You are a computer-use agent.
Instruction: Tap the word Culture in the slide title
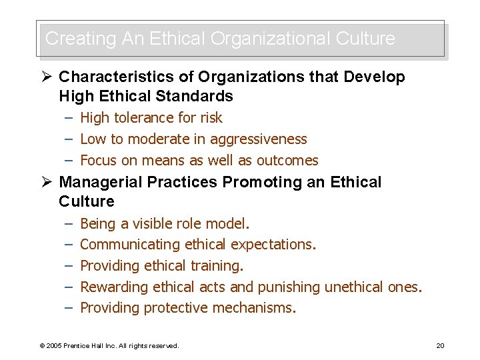[365, 39]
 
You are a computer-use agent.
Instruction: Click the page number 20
[440, 345]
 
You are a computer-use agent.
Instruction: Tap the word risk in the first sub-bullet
[211, 118]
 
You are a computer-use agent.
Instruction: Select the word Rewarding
[114, 287]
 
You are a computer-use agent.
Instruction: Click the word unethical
[354, 287]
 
